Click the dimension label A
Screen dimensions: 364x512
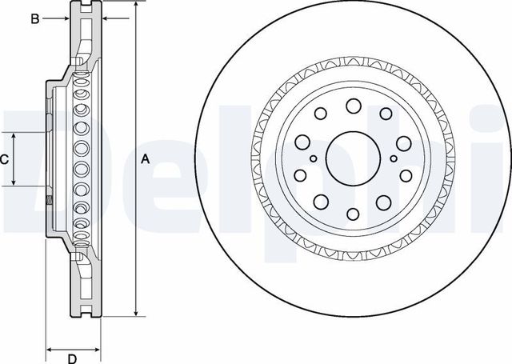145,159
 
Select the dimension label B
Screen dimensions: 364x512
35,18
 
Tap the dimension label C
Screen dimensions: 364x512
5,159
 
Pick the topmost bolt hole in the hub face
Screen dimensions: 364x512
353,106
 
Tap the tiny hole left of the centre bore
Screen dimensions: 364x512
314,158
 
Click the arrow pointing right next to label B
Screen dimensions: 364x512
72,18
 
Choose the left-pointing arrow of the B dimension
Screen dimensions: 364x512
107,18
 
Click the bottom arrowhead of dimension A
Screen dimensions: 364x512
136,314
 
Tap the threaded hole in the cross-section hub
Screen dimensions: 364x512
50,200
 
